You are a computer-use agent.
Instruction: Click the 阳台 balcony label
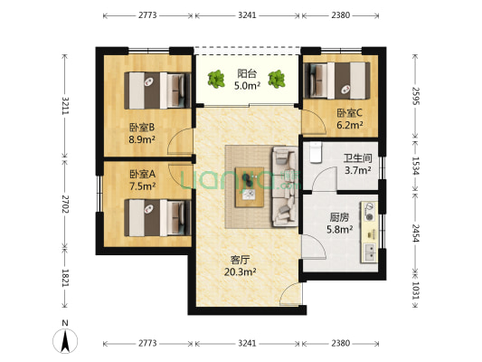(246, 74)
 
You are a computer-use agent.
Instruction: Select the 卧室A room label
(142, 174)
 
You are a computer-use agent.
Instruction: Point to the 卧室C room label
(349, 113)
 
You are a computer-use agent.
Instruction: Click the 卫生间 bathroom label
(357, 157)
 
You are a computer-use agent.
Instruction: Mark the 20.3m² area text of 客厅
(241, 271)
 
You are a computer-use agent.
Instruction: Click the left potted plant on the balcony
(216, 81)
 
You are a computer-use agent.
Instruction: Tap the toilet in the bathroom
(316, 148)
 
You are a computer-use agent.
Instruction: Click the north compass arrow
(64, 339)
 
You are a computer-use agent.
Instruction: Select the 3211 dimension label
(64, 110)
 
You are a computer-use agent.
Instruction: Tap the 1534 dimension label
(417, 165)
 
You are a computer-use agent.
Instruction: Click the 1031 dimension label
(417, 292)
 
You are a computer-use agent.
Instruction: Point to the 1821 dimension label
(64, 277)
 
